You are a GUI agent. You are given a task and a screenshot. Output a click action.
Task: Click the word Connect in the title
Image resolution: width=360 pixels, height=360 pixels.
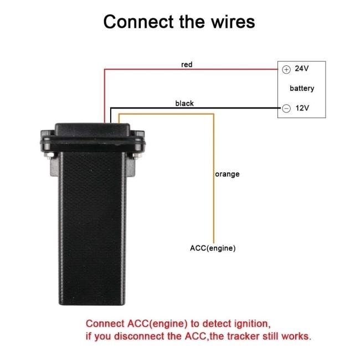138,22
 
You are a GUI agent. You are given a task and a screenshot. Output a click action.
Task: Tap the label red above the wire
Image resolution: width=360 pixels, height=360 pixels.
187,64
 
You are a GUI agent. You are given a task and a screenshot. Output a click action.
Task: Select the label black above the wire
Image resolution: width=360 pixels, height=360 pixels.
184,104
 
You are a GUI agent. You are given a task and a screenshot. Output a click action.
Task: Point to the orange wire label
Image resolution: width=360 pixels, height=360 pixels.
227,174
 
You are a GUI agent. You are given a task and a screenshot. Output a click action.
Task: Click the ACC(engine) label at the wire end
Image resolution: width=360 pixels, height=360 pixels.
213,248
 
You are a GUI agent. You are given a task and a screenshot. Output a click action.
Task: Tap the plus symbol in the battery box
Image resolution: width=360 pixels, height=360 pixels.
286,69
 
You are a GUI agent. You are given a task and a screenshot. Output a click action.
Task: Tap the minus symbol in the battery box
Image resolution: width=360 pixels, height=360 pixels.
286,108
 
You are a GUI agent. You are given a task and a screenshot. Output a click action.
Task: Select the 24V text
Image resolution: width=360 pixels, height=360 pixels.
302,69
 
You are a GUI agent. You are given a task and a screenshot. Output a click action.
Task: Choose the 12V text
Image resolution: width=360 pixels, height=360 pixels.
302,108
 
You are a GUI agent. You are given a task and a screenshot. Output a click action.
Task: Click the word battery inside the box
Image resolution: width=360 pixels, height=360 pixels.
302,89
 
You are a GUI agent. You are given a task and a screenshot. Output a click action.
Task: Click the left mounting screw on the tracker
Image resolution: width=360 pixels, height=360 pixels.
49,156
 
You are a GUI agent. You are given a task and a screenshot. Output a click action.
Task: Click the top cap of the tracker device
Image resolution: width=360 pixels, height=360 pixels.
92,130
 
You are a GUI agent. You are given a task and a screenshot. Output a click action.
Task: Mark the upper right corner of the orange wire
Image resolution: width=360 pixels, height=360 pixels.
214,114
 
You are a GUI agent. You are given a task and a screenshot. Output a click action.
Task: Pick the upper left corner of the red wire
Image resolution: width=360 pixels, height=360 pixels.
105,69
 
